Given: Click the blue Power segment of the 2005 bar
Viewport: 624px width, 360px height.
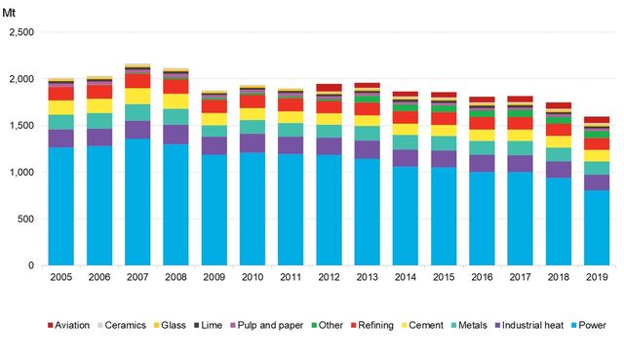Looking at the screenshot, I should pos(61,206).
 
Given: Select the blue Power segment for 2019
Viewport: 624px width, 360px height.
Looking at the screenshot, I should pos(598,228).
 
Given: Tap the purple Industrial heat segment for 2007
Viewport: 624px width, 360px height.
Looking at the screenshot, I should pos(138,129).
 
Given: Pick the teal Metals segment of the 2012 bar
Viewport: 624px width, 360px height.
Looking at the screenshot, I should pos(330,131).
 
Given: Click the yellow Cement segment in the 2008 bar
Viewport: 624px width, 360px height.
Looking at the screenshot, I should pos(176,101).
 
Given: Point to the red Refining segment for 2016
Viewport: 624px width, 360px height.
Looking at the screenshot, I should pos(483,123).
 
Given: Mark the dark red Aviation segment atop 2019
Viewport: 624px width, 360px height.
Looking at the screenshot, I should pos(598,120).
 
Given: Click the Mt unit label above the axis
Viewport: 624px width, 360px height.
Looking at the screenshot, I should pos(10,12).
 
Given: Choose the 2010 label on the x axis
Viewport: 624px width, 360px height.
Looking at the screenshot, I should pos(253,279).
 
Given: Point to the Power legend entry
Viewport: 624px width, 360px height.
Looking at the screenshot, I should pos(588,326).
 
